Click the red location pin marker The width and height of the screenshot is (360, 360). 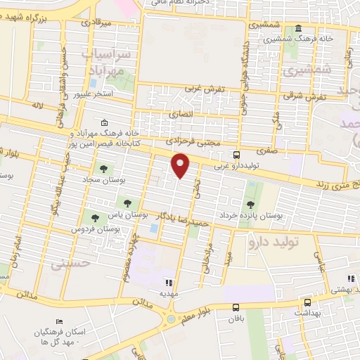(181, 166)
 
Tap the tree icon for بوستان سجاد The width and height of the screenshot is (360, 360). (104, 169)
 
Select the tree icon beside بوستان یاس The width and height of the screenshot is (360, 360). (127, 203)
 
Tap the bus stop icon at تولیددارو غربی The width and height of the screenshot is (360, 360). (236, 155)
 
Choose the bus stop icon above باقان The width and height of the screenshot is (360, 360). (236, 307)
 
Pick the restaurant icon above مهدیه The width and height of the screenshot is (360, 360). (168, 282)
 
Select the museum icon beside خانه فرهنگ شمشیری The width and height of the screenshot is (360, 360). (299, 29)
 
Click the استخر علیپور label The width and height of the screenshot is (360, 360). (101, 94)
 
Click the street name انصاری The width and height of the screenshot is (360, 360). (181, 114)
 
